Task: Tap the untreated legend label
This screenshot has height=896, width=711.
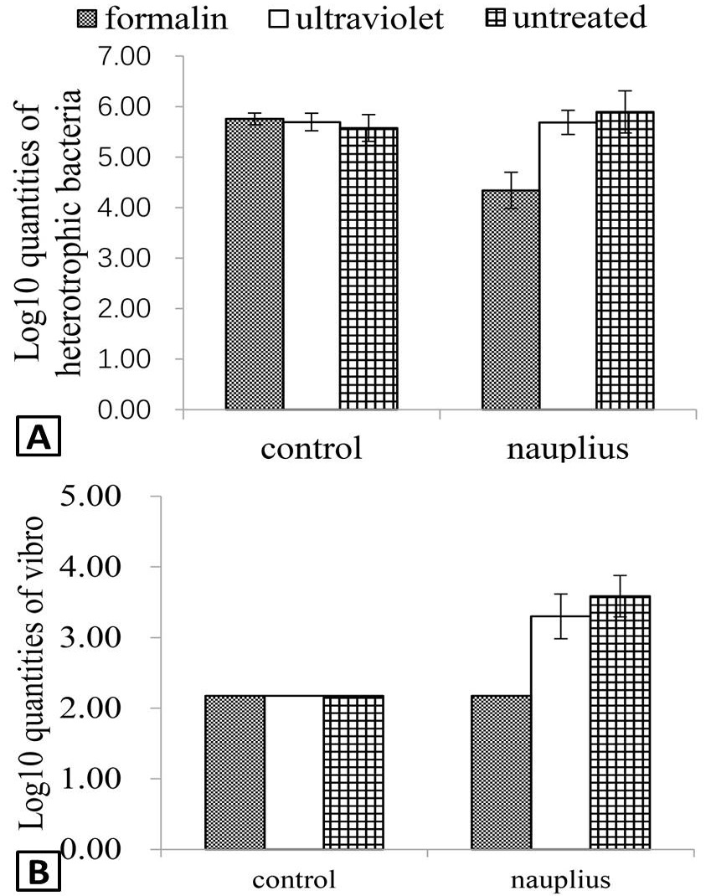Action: [580, 18]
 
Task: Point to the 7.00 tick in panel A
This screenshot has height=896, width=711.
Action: [124, 57]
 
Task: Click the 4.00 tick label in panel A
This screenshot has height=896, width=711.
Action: [124, 208]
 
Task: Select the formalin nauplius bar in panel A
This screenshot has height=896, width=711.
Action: [511, 300]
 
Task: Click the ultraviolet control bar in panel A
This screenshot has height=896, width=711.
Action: [312, 265]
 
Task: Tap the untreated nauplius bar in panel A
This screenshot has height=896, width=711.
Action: [625, 260]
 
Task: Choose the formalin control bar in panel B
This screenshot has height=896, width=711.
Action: [234, 772]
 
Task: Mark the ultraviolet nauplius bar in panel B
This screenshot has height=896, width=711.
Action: [561, 733]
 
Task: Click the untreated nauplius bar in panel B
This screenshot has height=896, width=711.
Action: [620, 723]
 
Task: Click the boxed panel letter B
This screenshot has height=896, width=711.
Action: [39, 873]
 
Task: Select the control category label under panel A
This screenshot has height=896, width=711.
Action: [312, 448]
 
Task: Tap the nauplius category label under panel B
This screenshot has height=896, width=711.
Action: [560, 881]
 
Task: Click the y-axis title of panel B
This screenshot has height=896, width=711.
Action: [32, 672]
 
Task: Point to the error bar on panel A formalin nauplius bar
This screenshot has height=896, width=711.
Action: [511, 190]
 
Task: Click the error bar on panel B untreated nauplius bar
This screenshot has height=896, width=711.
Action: [620, 596]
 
